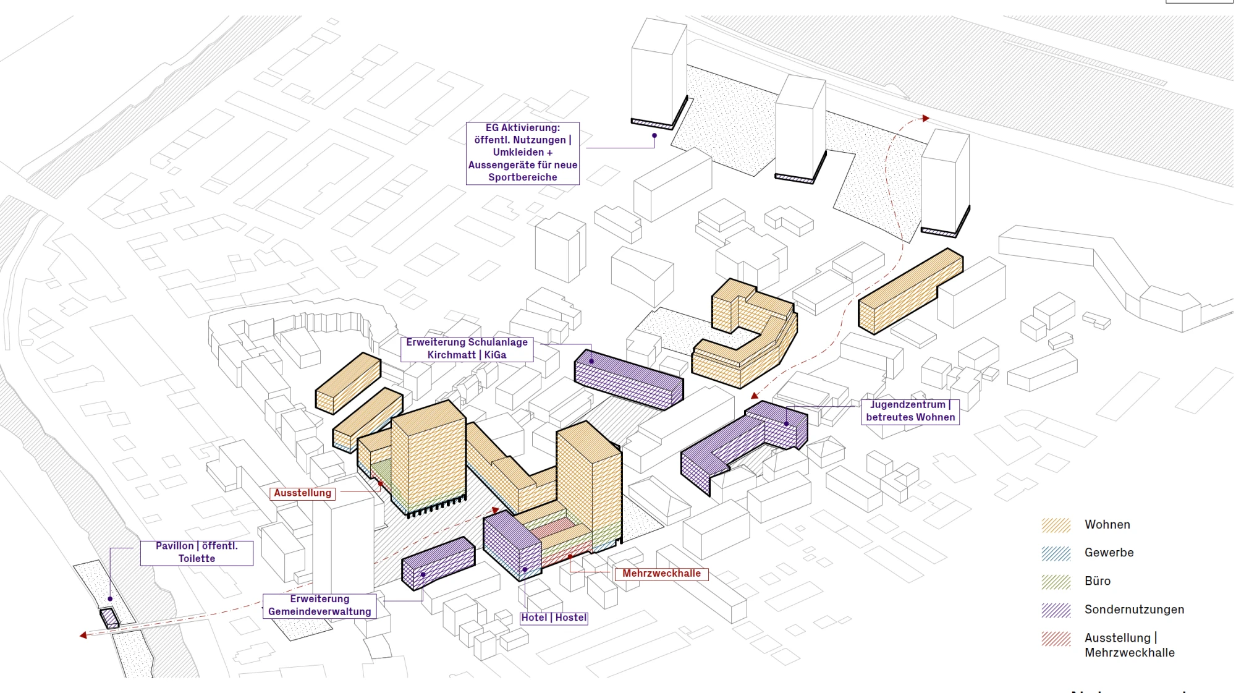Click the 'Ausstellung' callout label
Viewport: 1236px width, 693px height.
tap(303, 493)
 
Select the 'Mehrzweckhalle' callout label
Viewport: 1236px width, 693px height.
tap(661, 574)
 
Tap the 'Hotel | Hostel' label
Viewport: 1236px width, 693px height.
tap(554, 618)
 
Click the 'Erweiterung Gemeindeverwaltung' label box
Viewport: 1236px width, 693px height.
tap(320, 606)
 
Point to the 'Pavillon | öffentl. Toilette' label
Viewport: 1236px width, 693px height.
tap(197, 553)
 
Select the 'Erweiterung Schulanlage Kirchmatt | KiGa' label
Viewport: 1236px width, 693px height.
tap(467, 349)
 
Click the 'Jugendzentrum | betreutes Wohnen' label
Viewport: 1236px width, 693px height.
tap(910, 411)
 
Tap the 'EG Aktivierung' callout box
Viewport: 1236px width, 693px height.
tap(523, 153)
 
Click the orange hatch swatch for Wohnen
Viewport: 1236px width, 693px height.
tap(1056, 525)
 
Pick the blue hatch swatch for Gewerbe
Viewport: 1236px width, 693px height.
tap(1056, 553)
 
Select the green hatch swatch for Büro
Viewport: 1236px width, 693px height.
tap(1056, 582)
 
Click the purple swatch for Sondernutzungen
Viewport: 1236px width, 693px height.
tap(1056, 610)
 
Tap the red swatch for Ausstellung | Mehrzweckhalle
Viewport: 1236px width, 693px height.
tap(1056, 639)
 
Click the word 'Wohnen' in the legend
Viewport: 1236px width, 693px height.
tap(1107, 525)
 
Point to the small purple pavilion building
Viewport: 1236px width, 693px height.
tap(109, 618)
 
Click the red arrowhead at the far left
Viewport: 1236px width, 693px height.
tap(83, 635)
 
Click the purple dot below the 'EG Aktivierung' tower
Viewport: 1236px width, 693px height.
tap(654, 135)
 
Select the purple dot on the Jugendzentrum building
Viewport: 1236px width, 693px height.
tap(786, 423)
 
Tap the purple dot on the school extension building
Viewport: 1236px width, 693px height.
tap(591, 361)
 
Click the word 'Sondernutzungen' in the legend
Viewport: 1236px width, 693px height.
tap(1135, 610)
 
